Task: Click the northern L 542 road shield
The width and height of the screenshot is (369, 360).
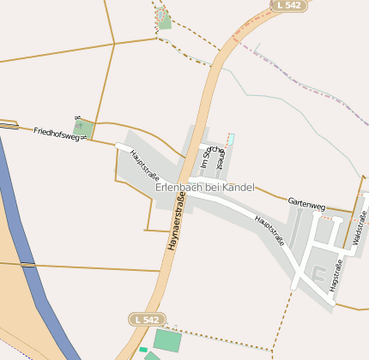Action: (287, 5)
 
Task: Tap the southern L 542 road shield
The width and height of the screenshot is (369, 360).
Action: (146, 319)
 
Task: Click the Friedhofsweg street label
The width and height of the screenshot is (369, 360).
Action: (61, 133)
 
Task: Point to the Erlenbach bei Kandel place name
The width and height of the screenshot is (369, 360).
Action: (205, 187)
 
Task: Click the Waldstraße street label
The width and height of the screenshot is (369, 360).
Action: (360, 229)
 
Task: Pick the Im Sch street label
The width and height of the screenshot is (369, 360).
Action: (204, 158)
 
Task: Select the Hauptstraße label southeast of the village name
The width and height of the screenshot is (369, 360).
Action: (269, 230)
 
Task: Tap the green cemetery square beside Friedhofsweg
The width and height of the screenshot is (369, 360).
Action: (84, 129)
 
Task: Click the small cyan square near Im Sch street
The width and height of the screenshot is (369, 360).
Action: (230, 138)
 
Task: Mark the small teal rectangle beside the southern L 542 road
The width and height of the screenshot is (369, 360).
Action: (143, 350)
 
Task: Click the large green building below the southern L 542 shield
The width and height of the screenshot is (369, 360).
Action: (167, 339)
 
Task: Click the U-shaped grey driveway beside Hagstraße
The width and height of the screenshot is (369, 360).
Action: (324, 275)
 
